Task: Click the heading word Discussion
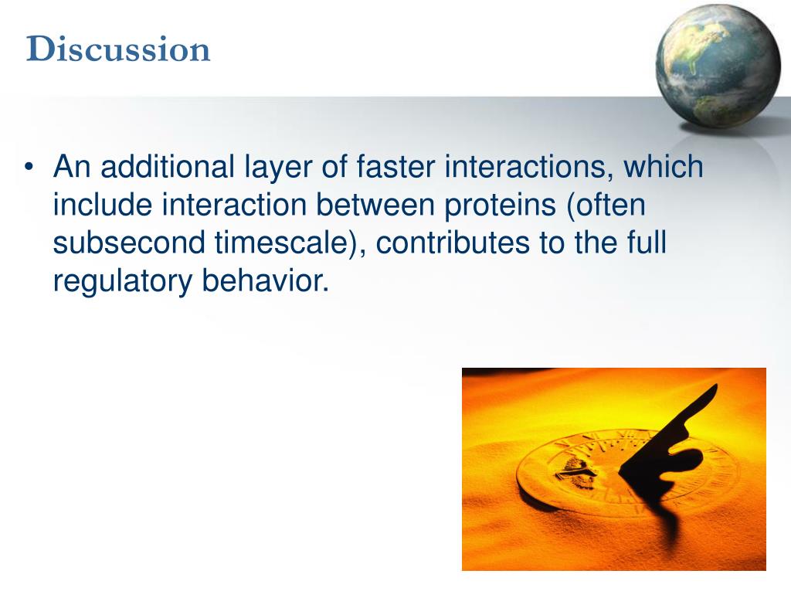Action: click(118, 49)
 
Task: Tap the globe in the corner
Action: click(718, 66)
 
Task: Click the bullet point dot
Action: click(29, 166)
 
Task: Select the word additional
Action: click(168, 167)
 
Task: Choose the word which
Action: click(664, 167)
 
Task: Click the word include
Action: click(103, 205)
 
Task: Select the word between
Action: click(375, 205)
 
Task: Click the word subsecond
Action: click(129, 243)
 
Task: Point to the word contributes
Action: click(453, 243)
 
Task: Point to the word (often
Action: click(606, 206)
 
